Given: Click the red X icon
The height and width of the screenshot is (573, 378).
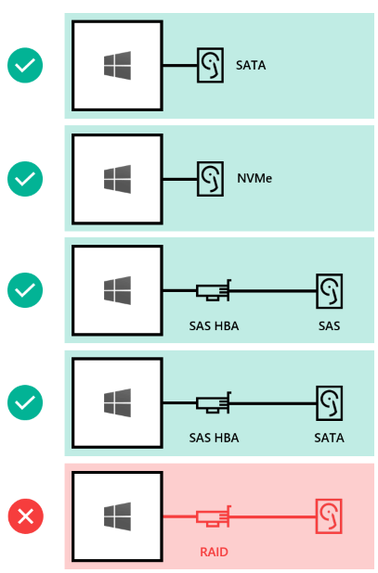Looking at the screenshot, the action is coord(26,516).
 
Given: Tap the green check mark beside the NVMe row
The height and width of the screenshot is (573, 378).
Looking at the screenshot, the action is coord(25,179).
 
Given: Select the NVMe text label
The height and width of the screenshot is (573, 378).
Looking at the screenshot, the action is coord(254,178).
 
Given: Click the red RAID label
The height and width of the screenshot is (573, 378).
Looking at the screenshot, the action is coord(214,552).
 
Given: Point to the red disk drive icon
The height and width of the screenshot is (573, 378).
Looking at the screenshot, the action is coord(329,516).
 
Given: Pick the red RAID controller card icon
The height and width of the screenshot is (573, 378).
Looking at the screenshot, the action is coord(214,516).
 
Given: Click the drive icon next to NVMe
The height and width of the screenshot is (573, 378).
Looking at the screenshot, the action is coord(211,179).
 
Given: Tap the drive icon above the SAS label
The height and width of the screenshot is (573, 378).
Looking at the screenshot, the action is coord(330,291).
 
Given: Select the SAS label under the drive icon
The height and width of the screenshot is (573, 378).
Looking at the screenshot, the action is coord(330,325).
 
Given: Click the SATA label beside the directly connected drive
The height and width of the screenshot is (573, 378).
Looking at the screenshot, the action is coord(251,65).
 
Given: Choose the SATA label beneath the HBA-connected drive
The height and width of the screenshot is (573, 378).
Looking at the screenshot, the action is coord(330,438).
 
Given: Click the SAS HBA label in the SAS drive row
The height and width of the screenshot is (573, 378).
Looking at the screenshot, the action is coord(214,325).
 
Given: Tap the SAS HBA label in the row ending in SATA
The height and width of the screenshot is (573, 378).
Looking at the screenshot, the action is coord(214,438).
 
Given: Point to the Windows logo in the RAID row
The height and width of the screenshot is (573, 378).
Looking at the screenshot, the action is coord(117,516).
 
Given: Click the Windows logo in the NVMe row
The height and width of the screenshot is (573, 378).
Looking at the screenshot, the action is coord(117,179).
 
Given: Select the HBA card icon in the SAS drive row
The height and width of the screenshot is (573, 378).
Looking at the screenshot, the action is coord(214,290).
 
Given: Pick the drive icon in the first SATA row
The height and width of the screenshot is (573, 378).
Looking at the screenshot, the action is coord(211,65).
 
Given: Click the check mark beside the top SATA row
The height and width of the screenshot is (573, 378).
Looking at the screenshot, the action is coord(25,65).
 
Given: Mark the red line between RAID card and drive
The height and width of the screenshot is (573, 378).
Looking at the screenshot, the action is coord(273,516).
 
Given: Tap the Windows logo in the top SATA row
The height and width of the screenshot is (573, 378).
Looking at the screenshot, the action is coord(117,66).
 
